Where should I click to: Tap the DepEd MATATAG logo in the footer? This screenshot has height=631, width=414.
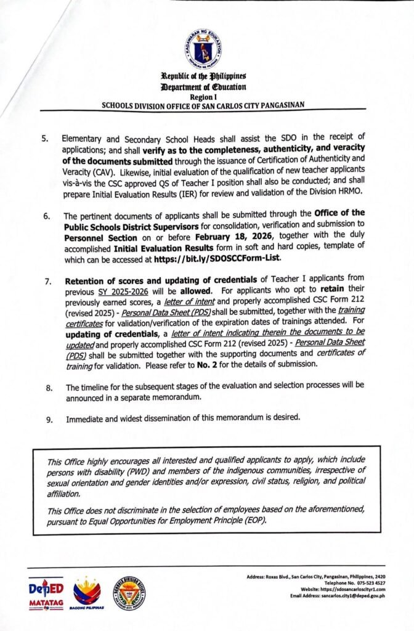[47, 593]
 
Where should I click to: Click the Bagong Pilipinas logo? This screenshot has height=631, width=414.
[87, 594]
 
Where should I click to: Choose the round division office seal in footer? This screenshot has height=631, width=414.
[128, 593]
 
